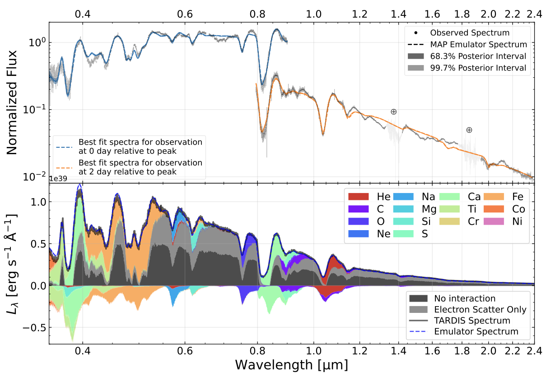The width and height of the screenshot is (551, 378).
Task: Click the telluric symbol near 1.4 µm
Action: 393,112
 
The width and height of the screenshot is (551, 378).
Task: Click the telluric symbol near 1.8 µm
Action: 469,130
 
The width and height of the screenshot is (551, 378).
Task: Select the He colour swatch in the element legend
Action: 359,197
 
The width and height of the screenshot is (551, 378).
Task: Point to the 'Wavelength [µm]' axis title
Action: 291,364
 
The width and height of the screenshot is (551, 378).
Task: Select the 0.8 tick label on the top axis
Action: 257,14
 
